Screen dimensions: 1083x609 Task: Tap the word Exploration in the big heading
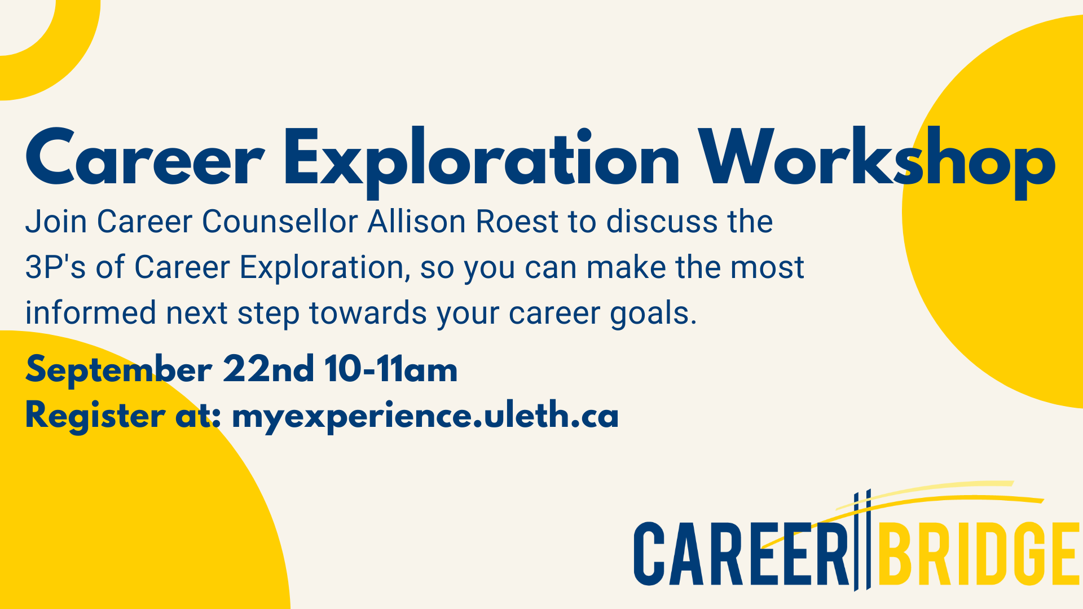pos(482,161)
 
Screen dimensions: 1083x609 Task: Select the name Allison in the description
pos(417,221)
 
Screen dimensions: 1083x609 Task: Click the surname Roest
pos(517,221)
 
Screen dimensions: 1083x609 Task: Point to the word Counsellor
pos(280,221)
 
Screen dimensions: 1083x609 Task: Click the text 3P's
pos(55,267)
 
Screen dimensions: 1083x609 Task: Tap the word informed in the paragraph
pos(90,312)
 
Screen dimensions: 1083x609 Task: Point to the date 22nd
pos(268,369)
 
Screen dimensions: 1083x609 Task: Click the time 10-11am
pos(391,369)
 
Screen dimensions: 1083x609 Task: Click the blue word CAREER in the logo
pos(741,554)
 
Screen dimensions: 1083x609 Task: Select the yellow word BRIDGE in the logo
pos(979,554)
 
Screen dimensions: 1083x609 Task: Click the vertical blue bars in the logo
pos(862,540)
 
